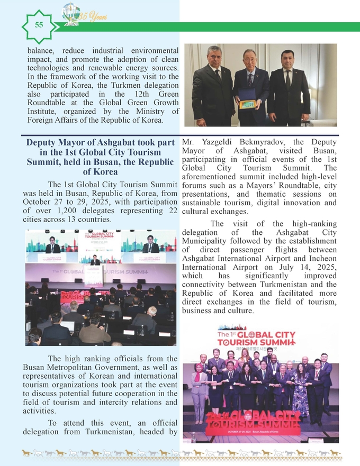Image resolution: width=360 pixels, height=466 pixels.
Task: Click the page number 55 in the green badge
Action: (39, 25)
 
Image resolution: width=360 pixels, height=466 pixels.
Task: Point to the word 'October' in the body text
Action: (41, 202)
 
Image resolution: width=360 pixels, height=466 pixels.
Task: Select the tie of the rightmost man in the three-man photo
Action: (287, 79)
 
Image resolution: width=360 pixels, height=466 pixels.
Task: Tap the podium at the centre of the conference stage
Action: (94, 275)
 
